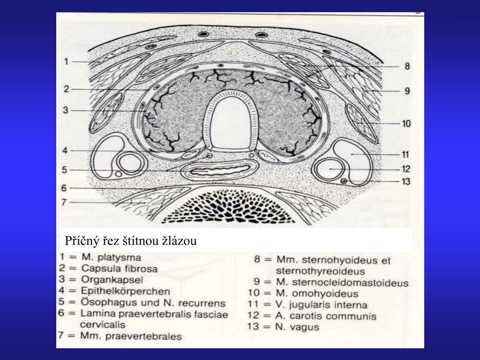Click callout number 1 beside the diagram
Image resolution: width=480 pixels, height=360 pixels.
click(x=67, y=61)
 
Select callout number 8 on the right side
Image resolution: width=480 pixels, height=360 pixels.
click(x=407, y=67)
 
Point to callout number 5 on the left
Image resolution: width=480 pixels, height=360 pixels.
click(x=65, y=170)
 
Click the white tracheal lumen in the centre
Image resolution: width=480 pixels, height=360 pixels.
click(x=229, y=122)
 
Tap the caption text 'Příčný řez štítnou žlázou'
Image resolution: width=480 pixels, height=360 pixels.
click(x=131, y=241)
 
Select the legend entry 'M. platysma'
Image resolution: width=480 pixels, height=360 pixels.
click(x=112, y=257)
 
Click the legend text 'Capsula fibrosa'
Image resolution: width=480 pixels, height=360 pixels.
click(x=119, y=269)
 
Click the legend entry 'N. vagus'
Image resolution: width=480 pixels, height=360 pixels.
click(x=297, y=327)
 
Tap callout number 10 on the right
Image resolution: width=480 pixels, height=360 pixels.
click(x=406, y=124)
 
